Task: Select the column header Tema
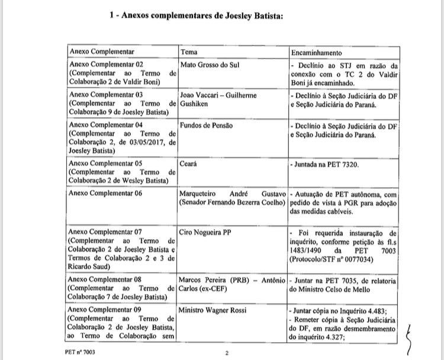click(189, 52)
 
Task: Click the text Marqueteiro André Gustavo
click(233, 194)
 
